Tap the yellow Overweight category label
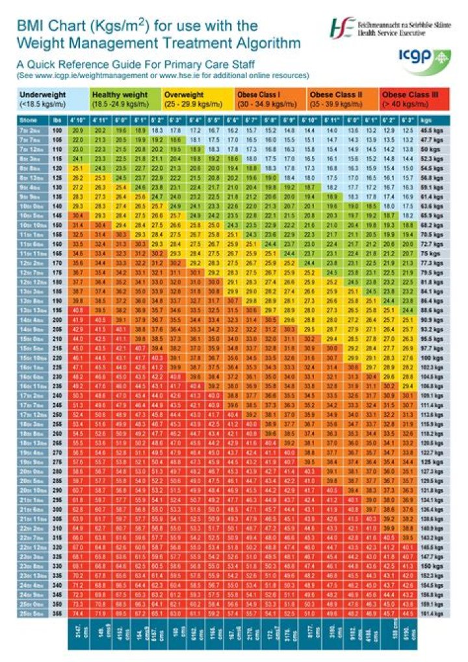pos(198,99)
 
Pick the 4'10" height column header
pos(78,120)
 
